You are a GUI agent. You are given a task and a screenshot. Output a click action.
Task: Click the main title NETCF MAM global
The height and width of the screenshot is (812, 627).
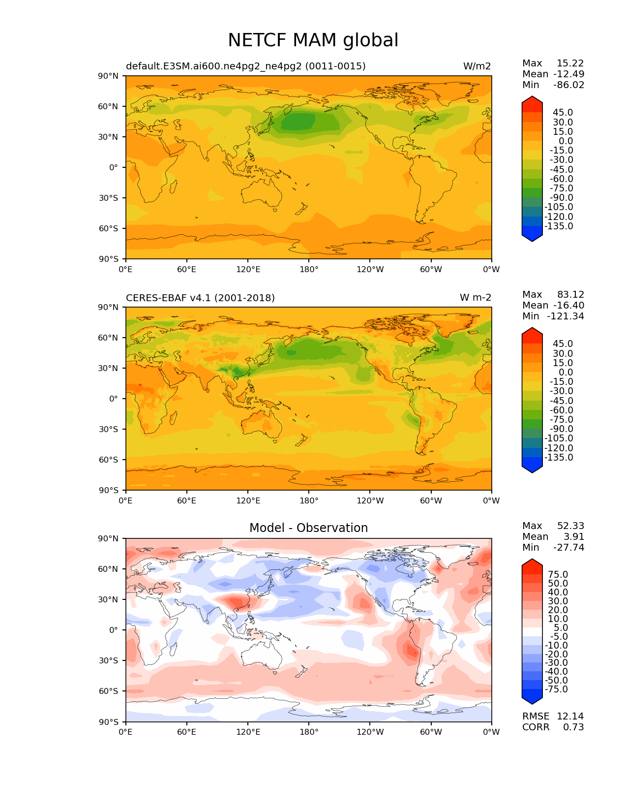point(313,40)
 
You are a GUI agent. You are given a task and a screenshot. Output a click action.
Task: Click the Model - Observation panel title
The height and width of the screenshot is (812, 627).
point(308,528)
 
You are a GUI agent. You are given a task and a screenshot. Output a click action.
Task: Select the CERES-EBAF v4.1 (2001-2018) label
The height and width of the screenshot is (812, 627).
point(200,298)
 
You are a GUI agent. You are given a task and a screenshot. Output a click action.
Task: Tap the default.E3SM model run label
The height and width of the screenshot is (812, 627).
point(245,66)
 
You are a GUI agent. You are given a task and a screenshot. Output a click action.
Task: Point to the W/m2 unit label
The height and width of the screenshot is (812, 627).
point(477,66)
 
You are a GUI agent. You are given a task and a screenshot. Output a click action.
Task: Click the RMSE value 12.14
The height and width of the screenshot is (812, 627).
point(570,716)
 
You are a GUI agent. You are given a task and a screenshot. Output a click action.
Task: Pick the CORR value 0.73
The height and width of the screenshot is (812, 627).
point(573,727)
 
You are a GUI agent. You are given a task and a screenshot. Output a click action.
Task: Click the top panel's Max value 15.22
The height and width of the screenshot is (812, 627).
point(570,63)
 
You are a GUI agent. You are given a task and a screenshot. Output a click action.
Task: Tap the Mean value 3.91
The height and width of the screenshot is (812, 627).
point(575,536)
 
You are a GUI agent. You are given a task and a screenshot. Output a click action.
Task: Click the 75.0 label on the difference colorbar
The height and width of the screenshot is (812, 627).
point(558,574)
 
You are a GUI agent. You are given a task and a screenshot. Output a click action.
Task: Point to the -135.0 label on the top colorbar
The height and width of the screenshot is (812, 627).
point(559,226)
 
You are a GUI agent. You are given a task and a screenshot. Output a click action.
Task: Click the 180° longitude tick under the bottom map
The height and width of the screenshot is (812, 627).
point(309,732)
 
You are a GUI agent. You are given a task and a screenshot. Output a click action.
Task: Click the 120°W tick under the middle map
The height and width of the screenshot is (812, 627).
point(370,500)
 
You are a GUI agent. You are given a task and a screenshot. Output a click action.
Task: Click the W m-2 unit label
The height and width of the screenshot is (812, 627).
point(475,298)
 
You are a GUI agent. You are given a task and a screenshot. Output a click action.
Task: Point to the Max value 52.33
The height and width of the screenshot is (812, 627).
point(570,526)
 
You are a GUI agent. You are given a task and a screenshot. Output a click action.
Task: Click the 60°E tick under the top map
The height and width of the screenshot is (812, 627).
point(187,269)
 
